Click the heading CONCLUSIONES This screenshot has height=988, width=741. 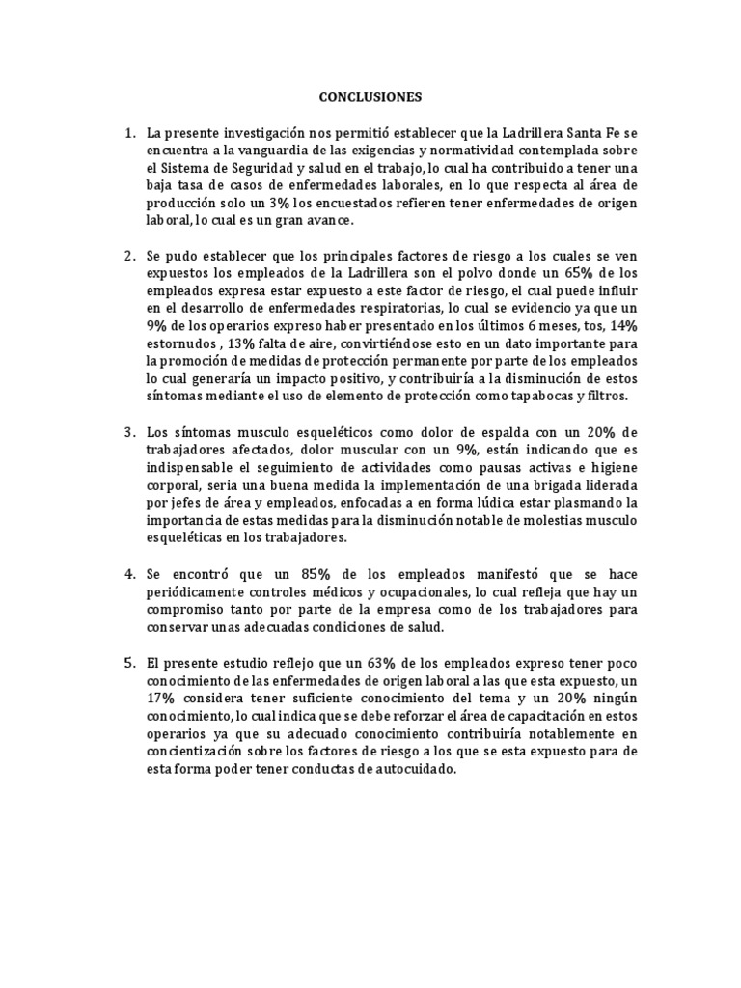point(370,97)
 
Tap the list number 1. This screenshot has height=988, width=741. point(128,132)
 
